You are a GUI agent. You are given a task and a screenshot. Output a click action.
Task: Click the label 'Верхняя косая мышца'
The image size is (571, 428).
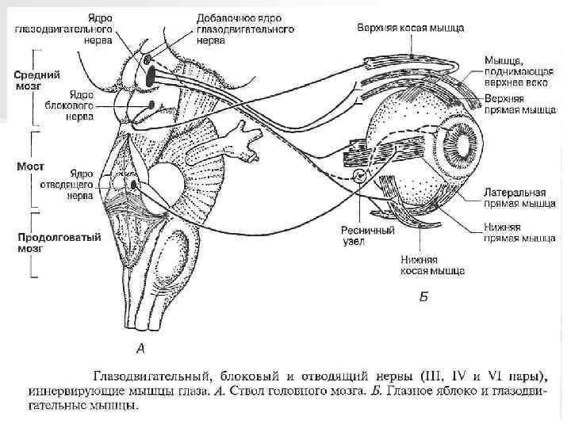click(408, 27)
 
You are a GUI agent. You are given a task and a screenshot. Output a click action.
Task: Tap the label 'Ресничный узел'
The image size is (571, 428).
click(367, 235)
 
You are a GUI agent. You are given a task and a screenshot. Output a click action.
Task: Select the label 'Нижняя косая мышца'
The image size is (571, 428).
click(432, 264)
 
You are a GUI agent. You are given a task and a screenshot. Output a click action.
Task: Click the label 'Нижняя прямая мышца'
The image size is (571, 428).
click(519, 231)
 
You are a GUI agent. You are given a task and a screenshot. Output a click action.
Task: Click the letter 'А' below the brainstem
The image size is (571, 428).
click(140, 348)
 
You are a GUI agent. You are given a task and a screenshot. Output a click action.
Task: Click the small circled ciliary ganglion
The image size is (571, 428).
click(361, 176)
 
